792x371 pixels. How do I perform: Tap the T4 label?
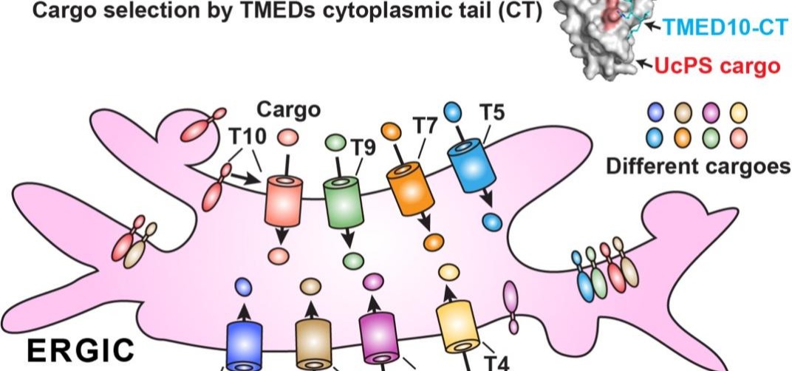496,361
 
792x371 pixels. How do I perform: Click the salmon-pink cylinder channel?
284,200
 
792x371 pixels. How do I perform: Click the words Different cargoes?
697,166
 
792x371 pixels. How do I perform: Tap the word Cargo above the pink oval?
288,110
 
